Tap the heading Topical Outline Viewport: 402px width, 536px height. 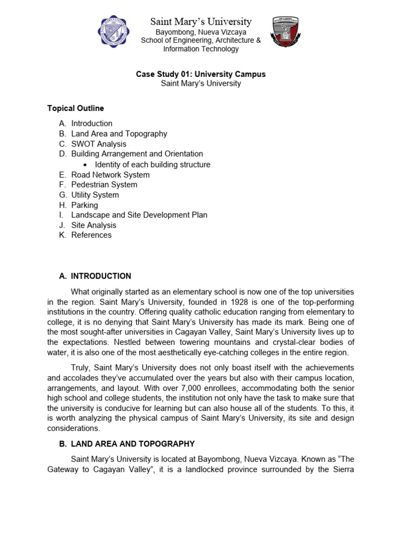75,108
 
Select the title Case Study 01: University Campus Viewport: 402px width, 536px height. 201,74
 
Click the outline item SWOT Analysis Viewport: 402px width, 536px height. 99,144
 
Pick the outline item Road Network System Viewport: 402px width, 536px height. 110,175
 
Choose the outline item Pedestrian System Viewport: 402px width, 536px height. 104,185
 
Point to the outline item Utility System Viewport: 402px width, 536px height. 95,195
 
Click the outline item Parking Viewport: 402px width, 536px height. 85,205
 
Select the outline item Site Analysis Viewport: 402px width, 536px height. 94,225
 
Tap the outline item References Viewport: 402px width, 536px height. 92,235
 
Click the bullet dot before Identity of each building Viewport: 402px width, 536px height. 85,165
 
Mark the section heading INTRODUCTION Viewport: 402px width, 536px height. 101,276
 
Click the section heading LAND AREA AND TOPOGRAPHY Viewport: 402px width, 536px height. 133,444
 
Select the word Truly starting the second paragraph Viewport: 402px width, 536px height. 81,367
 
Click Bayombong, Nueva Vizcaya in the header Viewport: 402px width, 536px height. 201,32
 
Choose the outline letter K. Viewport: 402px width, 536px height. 62,235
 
